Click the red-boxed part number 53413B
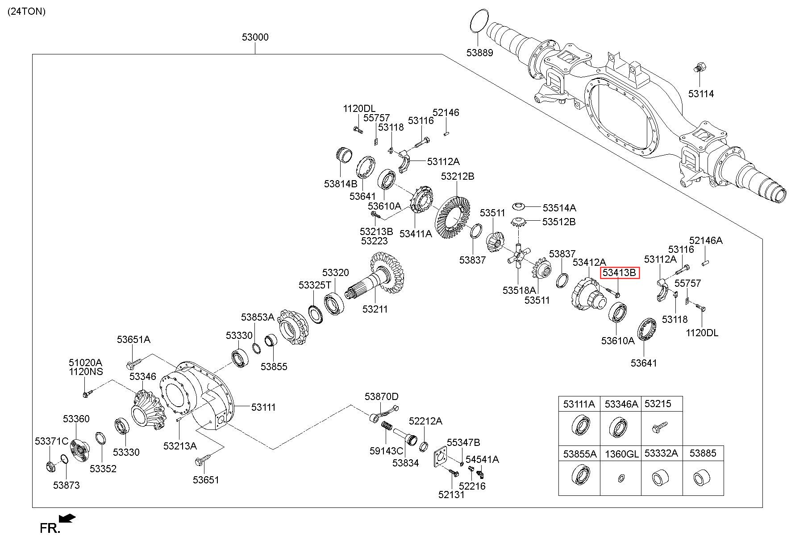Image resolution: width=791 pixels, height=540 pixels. pyautogui.click(x=620, y=272)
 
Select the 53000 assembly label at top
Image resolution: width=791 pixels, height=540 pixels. pyautogui.click(x=255, y=37)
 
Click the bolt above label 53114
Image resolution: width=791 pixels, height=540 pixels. pyautogui.click(x=699, y=69)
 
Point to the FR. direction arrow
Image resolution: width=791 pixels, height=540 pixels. pyautogui.click(x=67, y=518)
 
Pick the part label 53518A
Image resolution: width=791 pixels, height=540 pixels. pyautogui.click(x=519, y=290)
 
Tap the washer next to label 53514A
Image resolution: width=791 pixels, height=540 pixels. pyautogui.click(x=518, y=206)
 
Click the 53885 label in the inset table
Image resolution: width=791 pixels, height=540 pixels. pyautogui.click(x=703, y=453)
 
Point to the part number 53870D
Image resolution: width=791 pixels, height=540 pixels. pyautogui.click(x=381, y=396)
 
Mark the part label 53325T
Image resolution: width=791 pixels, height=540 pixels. pyautogui.click(x=315, y=285)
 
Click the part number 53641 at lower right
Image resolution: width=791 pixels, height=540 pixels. pyautogui.click(x=644, y=363)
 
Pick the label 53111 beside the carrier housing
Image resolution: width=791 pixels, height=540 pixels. pyautogui.click(x=263, y=407)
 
